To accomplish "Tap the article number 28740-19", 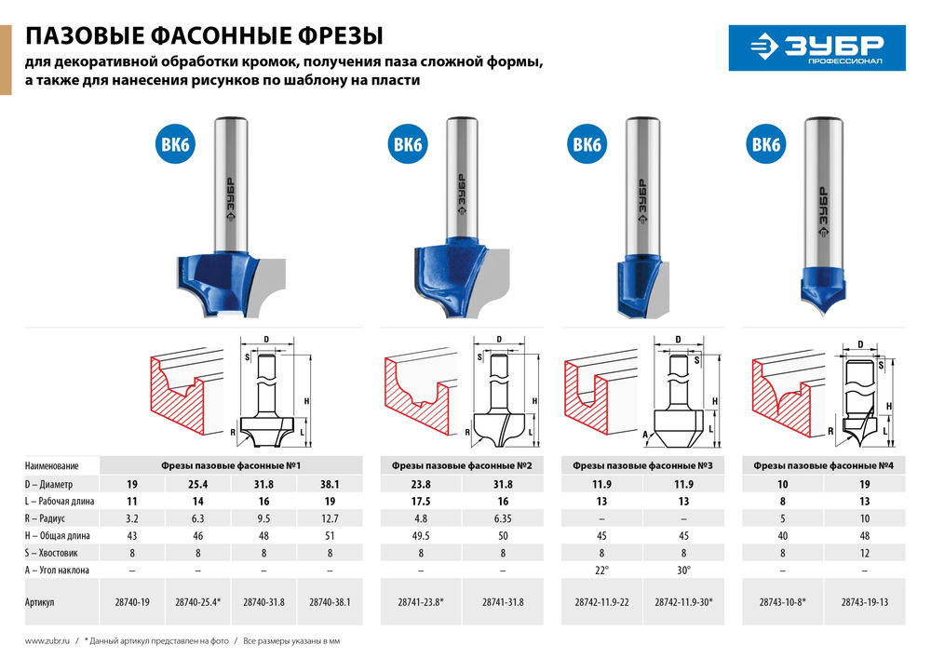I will tap(131, 602).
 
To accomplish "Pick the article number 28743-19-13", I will tap(864, 602).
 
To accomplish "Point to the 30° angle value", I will tap(684, 570).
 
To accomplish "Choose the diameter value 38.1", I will tap(331, 484).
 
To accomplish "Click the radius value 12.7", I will tap(331, 518).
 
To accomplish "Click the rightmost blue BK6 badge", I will tap(765, 145).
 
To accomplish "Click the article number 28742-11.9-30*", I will tap(684, 602).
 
